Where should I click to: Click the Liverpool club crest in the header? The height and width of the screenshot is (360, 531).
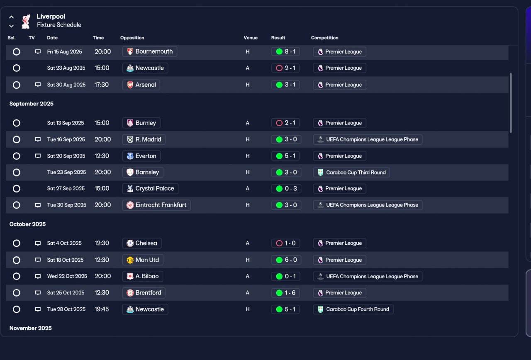tap(26, 21)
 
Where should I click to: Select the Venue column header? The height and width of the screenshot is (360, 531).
tap(251, 38)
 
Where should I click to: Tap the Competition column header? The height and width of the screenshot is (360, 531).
tap(324, 38)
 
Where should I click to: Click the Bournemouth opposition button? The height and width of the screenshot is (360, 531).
tap(150, 51)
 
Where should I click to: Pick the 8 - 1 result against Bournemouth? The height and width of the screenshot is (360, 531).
tap(285, 51)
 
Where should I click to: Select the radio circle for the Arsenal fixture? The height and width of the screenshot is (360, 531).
tap(16, 85)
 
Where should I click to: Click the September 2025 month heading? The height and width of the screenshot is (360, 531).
tap(31, 104)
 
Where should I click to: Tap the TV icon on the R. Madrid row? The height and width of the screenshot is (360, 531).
tap(38, 139)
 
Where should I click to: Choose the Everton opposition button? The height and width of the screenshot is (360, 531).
tap(141, 156)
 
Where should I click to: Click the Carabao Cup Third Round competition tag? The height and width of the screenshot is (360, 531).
tap(351, 173)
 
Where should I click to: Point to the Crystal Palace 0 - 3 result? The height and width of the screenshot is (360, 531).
tap(286, 189)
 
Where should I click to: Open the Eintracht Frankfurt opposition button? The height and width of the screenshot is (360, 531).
tap(156, 205)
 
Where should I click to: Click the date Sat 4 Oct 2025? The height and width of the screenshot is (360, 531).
tap(64, 243)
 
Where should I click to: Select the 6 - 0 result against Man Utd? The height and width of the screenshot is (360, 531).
tap(286, 260)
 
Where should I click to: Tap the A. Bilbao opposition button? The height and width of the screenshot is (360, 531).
tap(142, 276)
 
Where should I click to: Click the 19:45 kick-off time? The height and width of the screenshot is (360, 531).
tap(102, 309)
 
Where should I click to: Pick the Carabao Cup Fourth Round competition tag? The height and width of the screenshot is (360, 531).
tap(353, 309)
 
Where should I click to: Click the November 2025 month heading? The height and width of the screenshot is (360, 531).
tap(30, 328)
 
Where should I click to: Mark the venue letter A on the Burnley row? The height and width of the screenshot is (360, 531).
tap(248, 123)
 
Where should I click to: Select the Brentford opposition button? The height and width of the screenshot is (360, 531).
tap(144, 293)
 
